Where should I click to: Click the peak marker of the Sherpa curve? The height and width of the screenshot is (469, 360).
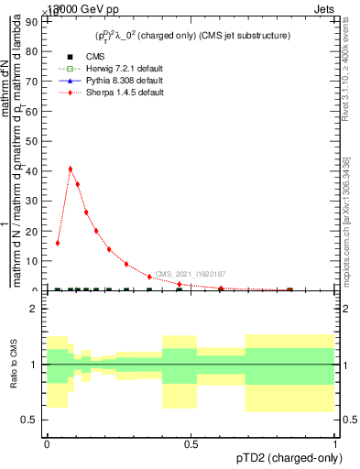click(x=71, y=169)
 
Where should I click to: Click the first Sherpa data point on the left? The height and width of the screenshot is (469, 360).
click(x=58, y=243)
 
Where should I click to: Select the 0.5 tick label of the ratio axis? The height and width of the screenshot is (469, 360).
click(x=31, y=420)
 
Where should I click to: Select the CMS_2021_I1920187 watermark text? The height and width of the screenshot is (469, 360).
click(x=190, y=274)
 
